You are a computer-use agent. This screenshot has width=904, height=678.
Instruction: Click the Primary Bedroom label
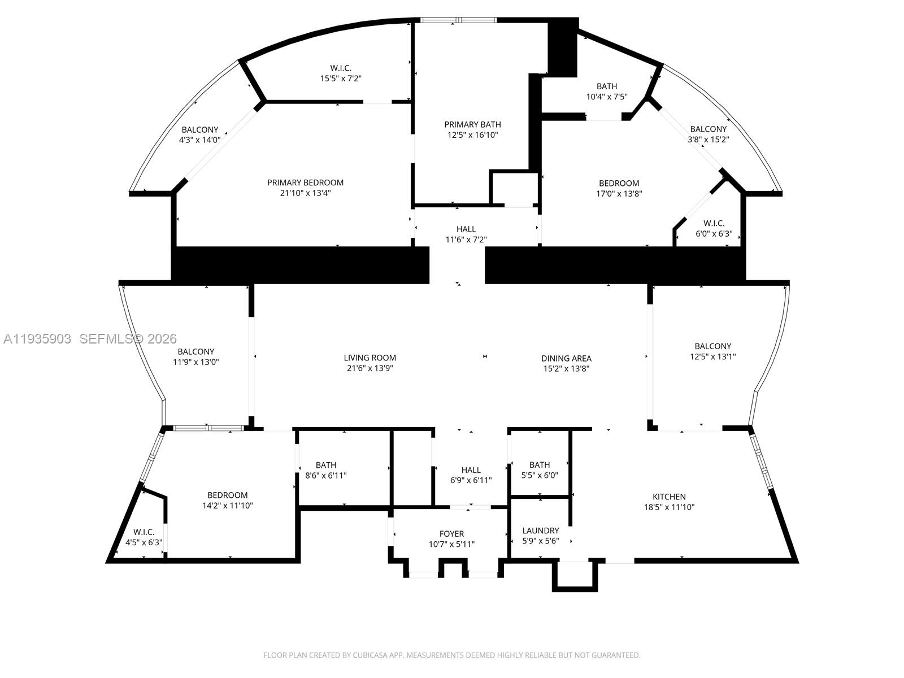(x=305, y=182)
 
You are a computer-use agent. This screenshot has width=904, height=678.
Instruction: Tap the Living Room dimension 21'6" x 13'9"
(x=370, y=368)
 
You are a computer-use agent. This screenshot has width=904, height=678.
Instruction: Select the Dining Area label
(x=566, y=358)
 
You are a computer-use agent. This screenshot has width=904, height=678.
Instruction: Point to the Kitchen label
(x=669, y=497)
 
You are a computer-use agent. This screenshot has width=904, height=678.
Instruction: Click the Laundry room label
(x=540, y=531)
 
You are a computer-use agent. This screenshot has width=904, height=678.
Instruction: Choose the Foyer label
(x=451, y=534)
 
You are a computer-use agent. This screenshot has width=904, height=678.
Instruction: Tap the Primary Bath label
(x=472, y=124)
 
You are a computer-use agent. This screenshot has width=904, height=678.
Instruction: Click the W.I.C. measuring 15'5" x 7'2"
(x=341, y=73)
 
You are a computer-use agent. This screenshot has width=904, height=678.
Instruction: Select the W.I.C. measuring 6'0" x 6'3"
(x=714, y=228)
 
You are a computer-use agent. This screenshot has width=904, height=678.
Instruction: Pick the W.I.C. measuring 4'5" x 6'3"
(x=144, y=537)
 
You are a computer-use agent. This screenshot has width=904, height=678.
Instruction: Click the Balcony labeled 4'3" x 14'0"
(x=199, y=135)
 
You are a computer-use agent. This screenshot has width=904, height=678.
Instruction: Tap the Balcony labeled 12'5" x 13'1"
(x=712, y=351)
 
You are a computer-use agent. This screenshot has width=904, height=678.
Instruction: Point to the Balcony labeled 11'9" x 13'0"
(x=195, y=357)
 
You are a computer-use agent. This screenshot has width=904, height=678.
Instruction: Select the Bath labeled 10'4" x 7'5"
(x=607, y=92)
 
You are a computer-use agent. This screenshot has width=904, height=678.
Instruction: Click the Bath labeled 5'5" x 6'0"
(x=540, y=470)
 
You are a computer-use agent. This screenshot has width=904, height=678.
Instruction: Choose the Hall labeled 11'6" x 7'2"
(x=466, y=234)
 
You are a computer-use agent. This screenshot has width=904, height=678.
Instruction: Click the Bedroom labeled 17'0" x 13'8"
(x=619, y=188)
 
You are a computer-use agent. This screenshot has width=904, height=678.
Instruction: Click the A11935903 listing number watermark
(x=37, y=339)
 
